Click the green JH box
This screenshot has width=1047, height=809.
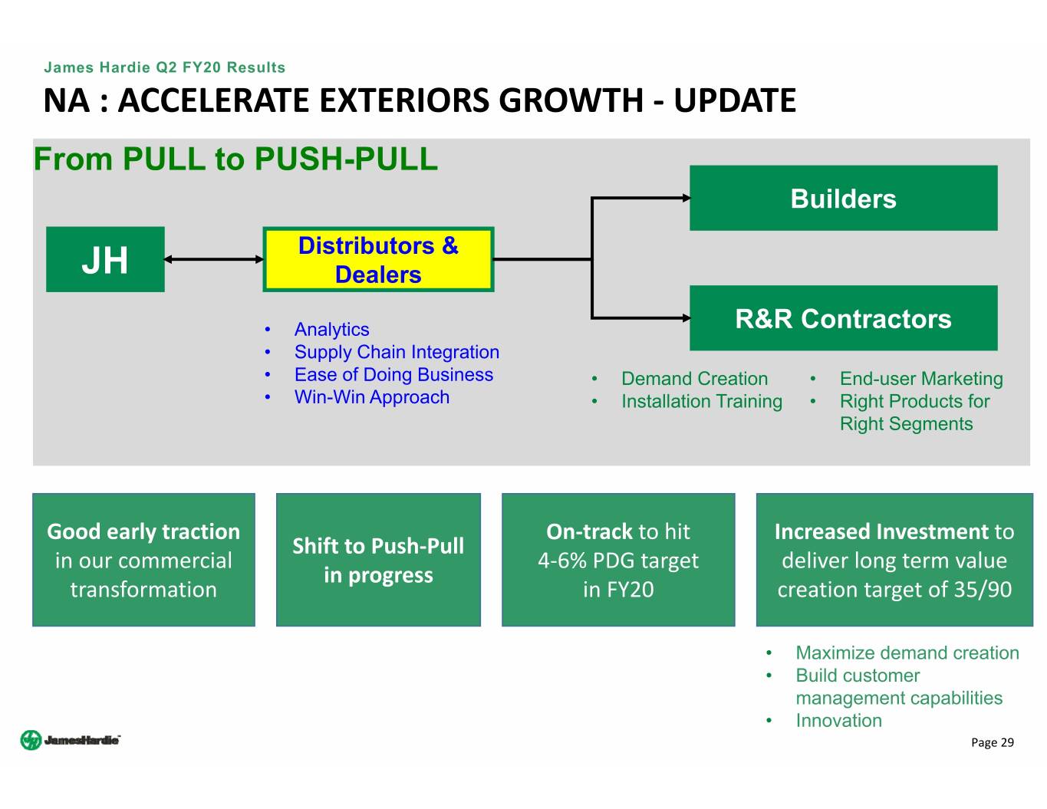105,259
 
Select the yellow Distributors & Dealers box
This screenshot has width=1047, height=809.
378,259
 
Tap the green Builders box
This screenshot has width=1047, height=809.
843,198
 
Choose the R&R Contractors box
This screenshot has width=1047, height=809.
843,318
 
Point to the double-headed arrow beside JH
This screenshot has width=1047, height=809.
213,259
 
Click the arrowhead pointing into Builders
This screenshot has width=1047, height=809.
685,198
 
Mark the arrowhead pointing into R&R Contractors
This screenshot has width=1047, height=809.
685,317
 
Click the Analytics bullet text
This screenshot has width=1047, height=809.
331,330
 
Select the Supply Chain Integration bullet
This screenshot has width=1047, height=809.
397,352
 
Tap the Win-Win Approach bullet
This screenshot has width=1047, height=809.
372,397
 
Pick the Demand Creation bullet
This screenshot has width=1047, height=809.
694,379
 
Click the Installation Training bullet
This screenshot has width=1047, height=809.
702,402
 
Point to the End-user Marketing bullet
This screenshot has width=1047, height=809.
921,379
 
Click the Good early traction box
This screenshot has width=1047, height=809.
143,560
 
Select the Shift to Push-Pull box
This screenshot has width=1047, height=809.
378,560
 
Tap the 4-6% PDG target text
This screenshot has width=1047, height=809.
618,561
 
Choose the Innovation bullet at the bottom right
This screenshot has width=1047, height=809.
838,721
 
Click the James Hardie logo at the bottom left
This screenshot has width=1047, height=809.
71,740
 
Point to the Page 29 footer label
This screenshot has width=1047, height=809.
992,742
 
